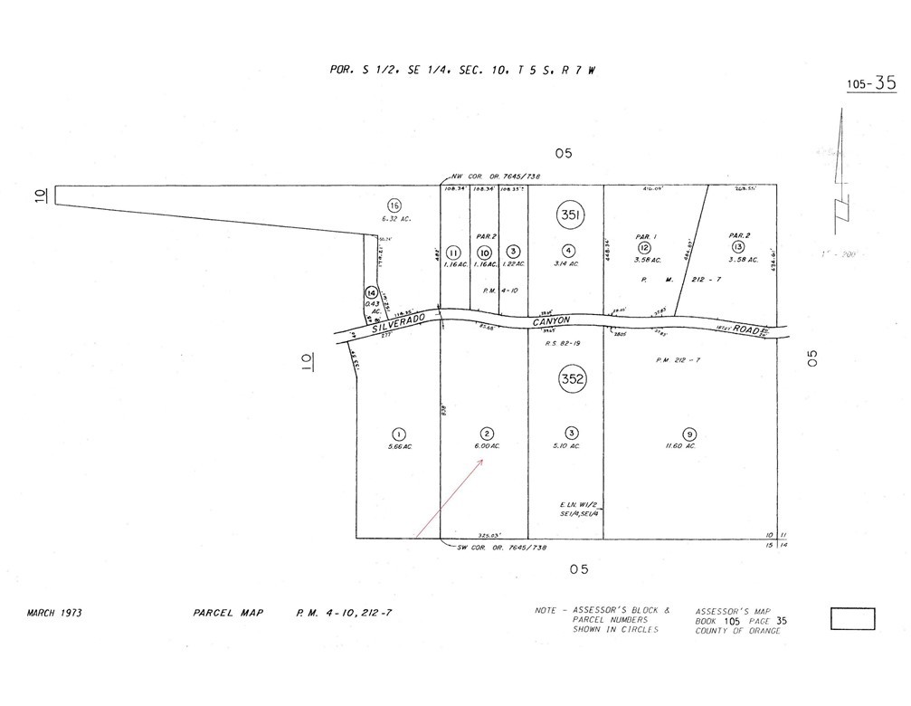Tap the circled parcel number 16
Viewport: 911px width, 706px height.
394,205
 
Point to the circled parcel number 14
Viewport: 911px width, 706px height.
371,293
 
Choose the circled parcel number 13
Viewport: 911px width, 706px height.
738,247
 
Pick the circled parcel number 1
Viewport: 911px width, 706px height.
399,433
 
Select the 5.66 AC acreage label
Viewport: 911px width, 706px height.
399,446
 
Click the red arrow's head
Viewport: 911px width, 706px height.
484,461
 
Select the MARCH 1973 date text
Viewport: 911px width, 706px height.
54,613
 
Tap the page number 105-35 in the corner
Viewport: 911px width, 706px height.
871,83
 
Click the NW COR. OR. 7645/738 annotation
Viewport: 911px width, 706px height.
501,176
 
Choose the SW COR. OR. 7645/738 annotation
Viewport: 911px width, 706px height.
501,548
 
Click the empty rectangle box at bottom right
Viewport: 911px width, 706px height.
852,619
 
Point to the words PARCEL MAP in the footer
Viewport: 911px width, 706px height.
228,613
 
